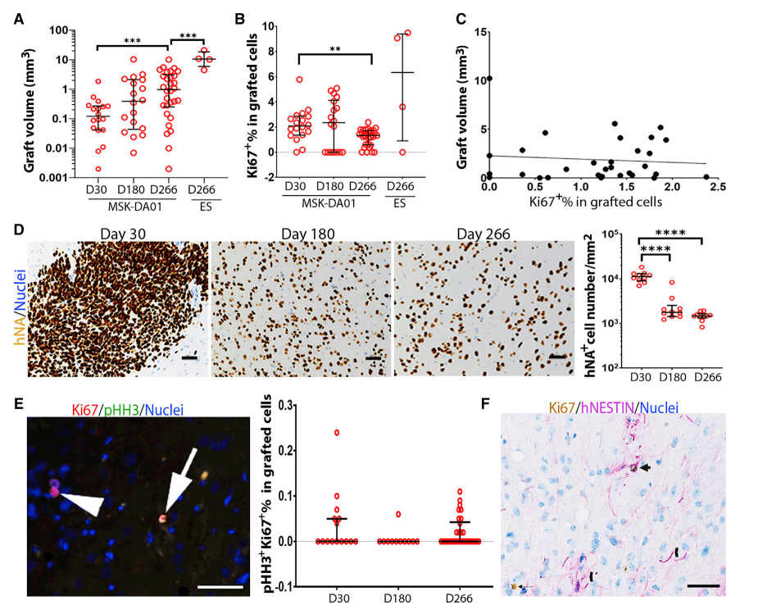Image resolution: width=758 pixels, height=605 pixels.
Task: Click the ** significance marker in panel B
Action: pyautogui.click(x=334, y=48)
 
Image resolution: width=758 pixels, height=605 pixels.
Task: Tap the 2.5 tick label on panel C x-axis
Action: pyautogui.click(x=719, y=187)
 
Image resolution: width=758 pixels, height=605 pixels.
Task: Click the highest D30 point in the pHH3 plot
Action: pyautogui.click(x=334, y=432)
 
